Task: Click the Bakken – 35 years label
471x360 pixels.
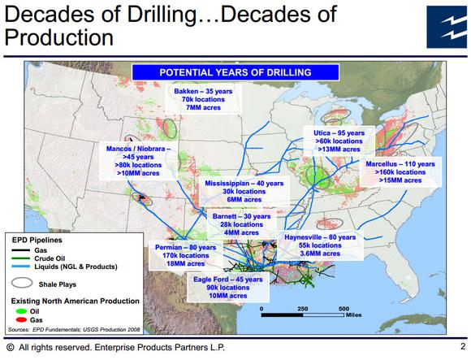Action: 203,91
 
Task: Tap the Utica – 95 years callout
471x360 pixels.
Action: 339,133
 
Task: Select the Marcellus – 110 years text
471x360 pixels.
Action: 400,164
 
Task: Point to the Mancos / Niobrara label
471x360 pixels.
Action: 139,149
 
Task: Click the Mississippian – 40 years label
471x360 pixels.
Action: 244,184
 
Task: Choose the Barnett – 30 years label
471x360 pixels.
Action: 241,216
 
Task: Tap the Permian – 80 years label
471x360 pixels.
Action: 186,248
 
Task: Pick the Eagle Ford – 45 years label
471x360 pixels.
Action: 228,280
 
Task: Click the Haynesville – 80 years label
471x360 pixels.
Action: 320,237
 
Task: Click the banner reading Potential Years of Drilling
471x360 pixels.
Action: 235,72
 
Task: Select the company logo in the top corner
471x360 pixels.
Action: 447,27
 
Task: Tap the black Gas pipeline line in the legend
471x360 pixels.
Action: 21,250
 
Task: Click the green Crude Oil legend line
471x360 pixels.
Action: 21,258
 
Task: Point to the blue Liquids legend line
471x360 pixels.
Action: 21,267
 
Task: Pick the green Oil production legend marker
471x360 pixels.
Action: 21,311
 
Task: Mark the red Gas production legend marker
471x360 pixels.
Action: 21,319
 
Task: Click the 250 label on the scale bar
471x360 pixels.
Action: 302,309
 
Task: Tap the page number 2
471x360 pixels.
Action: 463,346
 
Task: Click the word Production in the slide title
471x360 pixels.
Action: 58,38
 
